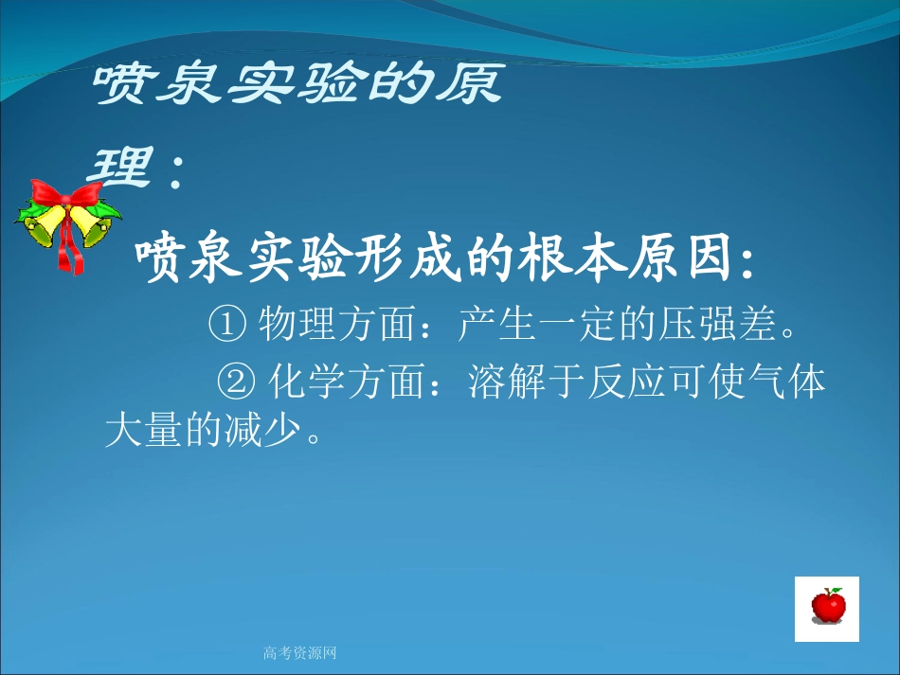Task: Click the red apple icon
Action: pyautogui.click(x=827, y=606)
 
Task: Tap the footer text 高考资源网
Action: pyautogui.click(x=299, y=652)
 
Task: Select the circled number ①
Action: pyautogui.click(x=227, y=327)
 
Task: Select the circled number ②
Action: pyautogui.click(x=237, y=382)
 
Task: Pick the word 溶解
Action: pyautogui.click(x=500, y=382)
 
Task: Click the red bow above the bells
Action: pyautogui.click(x=65, y=196)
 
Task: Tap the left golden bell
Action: pyautogui.click(x=45, y=227)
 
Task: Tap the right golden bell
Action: pyautogui.click(x=88, y=224)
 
